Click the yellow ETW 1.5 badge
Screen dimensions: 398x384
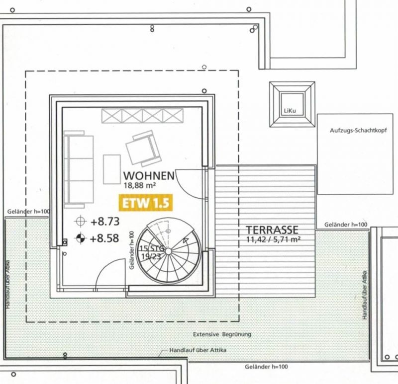click(x=146, y=203)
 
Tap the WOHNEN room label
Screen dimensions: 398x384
click(x=149, y=176)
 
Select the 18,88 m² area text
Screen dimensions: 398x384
click(x=140, y=185)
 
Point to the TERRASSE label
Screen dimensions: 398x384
click(x=272, y=230)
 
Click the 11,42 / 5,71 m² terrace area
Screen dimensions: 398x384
click(x=273, y=239)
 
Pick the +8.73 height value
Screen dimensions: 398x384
click(x=105, y=222)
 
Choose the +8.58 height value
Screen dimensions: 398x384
click(x=104, y=238)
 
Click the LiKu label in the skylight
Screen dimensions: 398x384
click(x=290, y=111)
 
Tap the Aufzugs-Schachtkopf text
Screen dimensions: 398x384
click(x=358, y=131)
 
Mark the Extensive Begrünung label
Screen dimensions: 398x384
click(x=222, y=334)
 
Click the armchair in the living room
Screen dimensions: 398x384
click(x=144, y=149)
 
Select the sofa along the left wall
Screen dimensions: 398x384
click(x=79, y=169)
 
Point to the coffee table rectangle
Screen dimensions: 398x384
click(x=111, y=169)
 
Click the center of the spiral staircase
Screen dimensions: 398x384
click(x=169, y=251)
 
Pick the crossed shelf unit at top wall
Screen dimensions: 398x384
click(x=142, y=116)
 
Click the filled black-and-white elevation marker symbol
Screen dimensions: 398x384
click(x=81, y=238)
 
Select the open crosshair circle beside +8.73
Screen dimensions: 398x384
click(x=81, y=221)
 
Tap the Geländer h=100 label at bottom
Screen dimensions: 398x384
click(x=266, y=367)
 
